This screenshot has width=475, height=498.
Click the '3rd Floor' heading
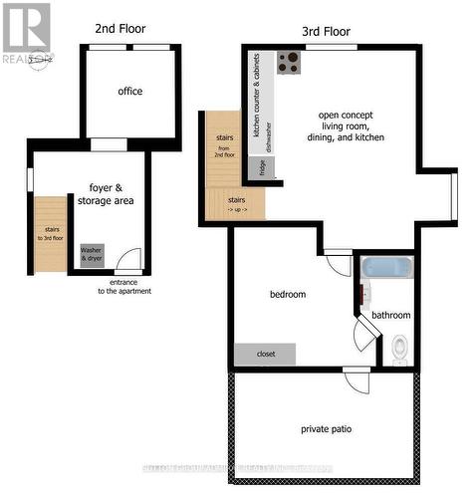point(326,31)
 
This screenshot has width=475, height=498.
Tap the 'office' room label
point(130,92)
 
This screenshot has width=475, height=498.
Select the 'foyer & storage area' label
point(111,193)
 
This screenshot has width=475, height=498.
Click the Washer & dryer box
point(92,254)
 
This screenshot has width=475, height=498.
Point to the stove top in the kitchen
point(290,63)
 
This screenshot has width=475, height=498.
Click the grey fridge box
point(263,167)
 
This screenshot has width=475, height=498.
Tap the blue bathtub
point(384,268)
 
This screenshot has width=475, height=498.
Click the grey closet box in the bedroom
point(265,354)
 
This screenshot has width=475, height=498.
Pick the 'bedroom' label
point(288,295)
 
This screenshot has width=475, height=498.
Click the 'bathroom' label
point(390,316)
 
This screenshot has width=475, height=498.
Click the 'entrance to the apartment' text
point(124,287)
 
